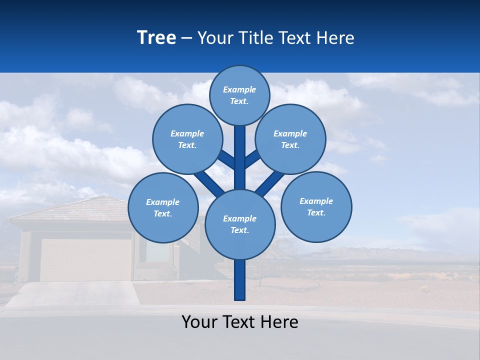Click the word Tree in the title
156,37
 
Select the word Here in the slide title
335,38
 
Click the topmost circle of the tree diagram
239,95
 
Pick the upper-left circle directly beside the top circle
187,139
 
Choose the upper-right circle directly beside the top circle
290,139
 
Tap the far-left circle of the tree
163,207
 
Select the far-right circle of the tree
316,206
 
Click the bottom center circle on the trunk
239,224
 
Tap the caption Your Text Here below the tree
240,322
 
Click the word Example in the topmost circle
239,89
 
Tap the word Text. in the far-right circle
316,212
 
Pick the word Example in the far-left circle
162,202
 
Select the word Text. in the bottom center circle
239,230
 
